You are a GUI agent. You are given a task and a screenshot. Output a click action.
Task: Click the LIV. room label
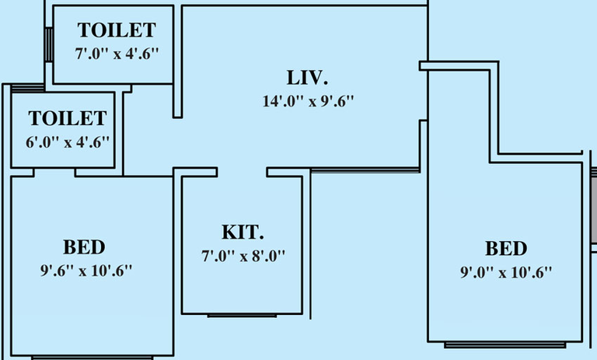point(307,77)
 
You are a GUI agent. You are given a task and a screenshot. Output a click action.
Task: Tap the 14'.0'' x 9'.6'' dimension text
point(308,101)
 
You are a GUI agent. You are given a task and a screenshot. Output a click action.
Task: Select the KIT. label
point(243,232)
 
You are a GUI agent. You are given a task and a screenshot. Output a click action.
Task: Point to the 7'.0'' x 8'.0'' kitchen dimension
point(243,256)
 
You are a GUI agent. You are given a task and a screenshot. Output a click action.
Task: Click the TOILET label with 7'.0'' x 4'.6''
point(117,30)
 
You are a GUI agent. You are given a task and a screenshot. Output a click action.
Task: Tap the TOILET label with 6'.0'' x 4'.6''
point(68,118)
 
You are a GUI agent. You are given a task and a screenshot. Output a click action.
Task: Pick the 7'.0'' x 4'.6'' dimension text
point(117,54)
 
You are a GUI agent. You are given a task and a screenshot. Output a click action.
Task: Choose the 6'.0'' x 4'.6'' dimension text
point(68,142)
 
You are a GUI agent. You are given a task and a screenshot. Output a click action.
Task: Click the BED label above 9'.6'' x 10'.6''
point(84,247)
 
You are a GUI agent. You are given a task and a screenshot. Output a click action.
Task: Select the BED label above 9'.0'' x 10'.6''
point(506,248)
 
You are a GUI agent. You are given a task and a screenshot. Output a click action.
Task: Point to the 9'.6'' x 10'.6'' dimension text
point(86,271)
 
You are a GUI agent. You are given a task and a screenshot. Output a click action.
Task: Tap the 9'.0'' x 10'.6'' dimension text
point(506,272)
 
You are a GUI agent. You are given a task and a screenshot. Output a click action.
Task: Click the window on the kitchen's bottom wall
point(243,316)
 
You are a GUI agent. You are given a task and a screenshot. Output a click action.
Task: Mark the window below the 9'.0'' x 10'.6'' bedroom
point(504,344)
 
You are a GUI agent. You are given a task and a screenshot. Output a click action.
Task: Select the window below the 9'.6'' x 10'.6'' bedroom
point(93,358)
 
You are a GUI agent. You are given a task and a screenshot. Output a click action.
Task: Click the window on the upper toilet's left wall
point(49,44)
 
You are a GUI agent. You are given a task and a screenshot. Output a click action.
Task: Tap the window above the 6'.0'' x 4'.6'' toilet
point(28,89)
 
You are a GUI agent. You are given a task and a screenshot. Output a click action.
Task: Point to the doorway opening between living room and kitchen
point(243,172)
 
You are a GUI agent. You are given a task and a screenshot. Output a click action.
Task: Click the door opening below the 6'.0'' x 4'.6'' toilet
point(55,173)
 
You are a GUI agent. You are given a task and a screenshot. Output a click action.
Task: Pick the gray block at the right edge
point(594,209)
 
